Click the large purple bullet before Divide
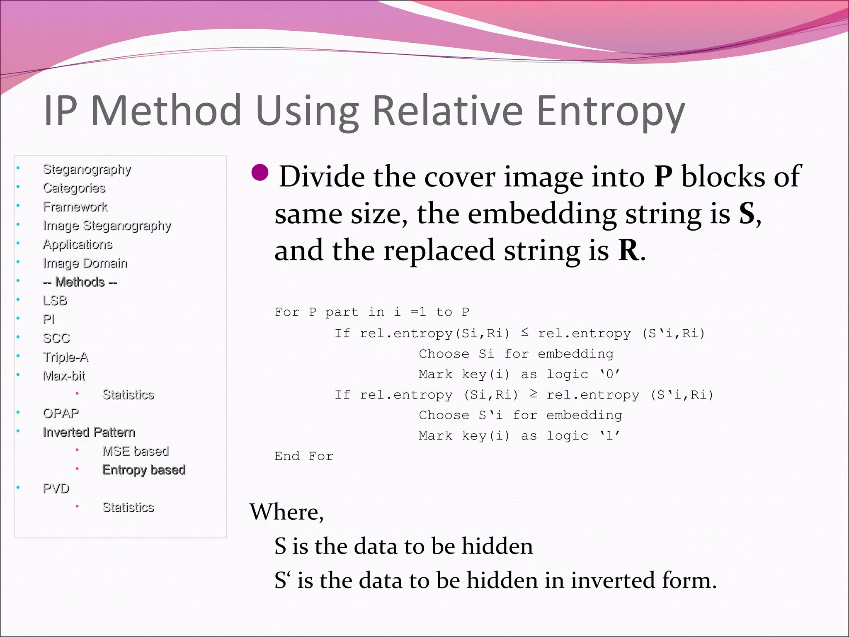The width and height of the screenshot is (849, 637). coord(260,173)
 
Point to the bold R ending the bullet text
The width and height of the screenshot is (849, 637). coord(628,250)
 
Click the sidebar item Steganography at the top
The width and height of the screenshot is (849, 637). coord(87,169)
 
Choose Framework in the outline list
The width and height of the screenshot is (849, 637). coord(75,207)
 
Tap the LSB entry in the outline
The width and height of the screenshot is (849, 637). coord(55,301)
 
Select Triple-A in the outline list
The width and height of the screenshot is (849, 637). coord(65,357)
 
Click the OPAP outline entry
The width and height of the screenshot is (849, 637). coord(61,413)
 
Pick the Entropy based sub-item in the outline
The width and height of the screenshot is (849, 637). coord(144,470)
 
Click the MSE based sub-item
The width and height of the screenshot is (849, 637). coord(136,451)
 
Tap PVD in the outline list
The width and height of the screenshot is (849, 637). coord(56,489)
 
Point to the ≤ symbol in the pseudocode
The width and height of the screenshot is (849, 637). coord(525,333)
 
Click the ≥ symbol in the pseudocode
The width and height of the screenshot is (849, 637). coord(534,394)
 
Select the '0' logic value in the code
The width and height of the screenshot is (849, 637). coord(609,374)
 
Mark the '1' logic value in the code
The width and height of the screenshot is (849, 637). coord(609,436)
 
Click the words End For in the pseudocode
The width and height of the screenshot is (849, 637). coord(304,456)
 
